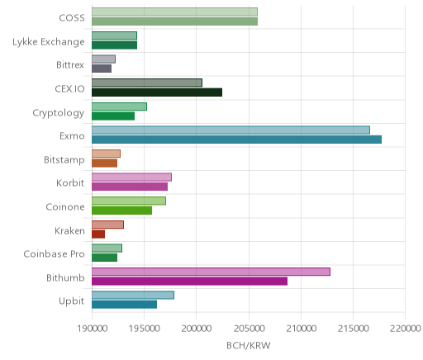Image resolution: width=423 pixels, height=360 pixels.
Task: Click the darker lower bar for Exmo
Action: pos(236,140)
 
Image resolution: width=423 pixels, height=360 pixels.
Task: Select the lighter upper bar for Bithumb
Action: pos(211,272)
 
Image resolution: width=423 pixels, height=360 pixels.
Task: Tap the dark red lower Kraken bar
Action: pos(98,234)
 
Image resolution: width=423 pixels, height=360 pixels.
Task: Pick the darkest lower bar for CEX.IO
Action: pos(157,92)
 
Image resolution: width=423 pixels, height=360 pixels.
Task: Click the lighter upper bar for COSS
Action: pos(174,12)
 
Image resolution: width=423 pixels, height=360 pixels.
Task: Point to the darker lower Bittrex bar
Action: pos(102,69)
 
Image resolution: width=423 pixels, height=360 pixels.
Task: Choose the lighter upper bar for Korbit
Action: pos(131,178)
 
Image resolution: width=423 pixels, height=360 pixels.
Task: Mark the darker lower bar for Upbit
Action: pos(125,305)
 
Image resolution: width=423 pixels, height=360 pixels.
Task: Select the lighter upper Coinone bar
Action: pos(129,201)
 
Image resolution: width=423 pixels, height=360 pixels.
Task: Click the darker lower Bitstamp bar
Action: pos(105,163)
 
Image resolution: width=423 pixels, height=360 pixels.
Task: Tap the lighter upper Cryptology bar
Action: pos(119,107)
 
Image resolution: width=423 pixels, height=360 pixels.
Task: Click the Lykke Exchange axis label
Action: pos(49,42)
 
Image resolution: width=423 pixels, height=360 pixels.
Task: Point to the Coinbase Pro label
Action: pos(54,253)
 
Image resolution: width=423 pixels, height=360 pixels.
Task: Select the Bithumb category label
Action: pos(65,277)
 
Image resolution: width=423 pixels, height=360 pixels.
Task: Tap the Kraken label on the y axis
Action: pos(69,230)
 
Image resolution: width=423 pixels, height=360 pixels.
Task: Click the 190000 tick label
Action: pos(93,329)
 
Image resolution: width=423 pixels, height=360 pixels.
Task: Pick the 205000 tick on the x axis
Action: pos(249,329)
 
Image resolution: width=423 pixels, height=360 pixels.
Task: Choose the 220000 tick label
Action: pos(406,329)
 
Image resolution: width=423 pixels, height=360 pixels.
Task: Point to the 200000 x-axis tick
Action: pos(197,329)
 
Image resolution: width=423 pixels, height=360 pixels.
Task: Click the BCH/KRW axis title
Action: pos(249,345)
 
